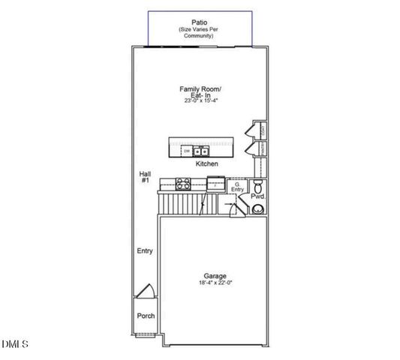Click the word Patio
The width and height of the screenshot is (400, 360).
coord(200,22)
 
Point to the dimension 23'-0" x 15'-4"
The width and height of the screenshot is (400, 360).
coord(200,100)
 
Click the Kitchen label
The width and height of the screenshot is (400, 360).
coord(206,163)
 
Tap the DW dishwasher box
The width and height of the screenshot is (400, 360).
coord(186,150)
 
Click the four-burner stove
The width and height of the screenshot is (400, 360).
coord(185,182)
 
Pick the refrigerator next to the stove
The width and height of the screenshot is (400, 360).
coord(215,182)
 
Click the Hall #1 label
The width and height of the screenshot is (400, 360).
coord(145,177)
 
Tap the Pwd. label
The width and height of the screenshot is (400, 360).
coord(258,196)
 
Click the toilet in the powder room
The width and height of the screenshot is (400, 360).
coord(257,184)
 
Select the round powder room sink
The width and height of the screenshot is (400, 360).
coord(258,210)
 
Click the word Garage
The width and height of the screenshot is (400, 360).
coord(215,275)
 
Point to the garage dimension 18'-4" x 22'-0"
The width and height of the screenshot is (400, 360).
coord(215,283)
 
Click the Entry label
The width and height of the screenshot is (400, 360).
coord(145,251)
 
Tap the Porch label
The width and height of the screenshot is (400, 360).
coord(145,316)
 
